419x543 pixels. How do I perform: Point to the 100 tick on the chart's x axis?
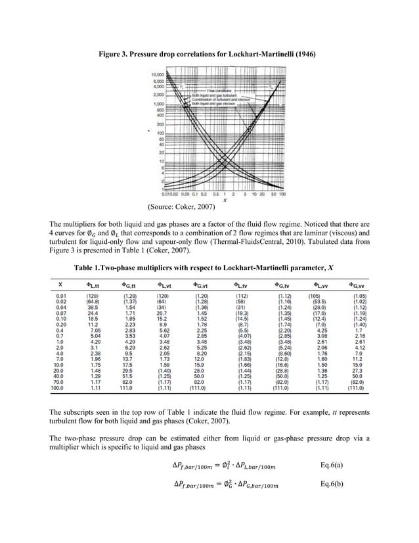click(x=283, y=195)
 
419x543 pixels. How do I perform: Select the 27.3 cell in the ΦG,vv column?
click(x=359, y=371)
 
